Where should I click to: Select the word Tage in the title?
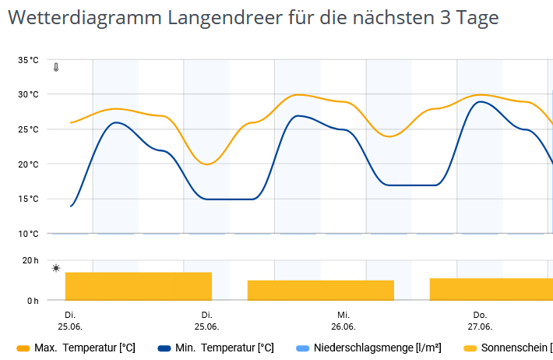pos(475,17)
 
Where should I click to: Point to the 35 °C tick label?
pos(29,60)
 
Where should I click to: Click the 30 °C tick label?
pos(29,94)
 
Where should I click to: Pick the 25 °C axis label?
pos(29,129)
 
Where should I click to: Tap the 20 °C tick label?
pos(29,164)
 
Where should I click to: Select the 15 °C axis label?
pos(29,199)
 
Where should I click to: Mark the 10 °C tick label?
pos(29,234)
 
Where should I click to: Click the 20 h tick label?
pos(30,261)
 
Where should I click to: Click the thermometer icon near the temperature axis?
pos(56,68)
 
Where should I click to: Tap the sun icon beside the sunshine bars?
pos(56,268)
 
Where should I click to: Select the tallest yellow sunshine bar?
pos(139,286)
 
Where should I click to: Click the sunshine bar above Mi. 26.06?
pos(321,290)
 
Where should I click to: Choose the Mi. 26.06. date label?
pos(343,320)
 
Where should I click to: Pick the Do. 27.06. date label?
pos(480,320)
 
